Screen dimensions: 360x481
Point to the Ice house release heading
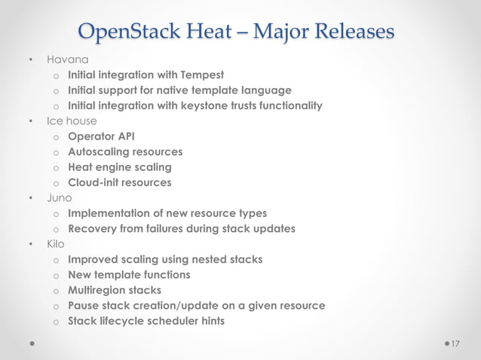click(x=72, y=121)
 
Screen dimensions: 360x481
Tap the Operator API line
click(x=101, y=136)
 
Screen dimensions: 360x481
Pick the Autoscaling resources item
click(x=124, y=151)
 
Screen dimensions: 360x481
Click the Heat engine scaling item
click(x=119, y=167)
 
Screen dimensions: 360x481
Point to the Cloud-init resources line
click(x=119, y=182)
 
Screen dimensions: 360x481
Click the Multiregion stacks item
click(x=114, y=290)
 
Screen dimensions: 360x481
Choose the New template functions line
click(x=129, y=275)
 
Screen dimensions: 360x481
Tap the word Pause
click(x=84, y=306)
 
